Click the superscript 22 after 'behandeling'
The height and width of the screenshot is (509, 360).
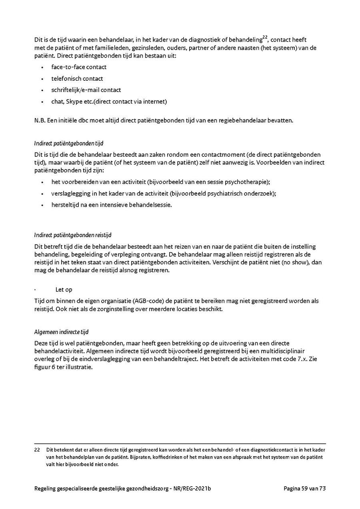[x=265, y=38]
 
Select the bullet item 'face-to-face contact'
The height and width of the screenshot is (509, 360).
[x=79, y=67]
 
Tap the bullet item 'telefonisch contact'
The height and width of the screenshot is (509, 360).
[x=77, y=79]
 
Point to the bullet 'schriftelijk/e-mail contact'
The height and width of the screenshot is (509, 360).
[x=86, y=90]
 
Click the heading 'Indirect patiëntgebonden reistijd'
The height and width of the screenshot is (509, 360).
[x=75, y=235]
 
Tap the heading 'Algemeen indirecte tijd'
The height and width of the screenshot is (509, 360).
[x=61, y=332]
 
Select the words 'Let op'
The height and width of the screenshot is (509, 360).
[x=64, y=289]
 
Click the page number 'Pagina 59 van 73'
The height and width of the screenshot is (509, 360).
[x=305, y=488]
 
